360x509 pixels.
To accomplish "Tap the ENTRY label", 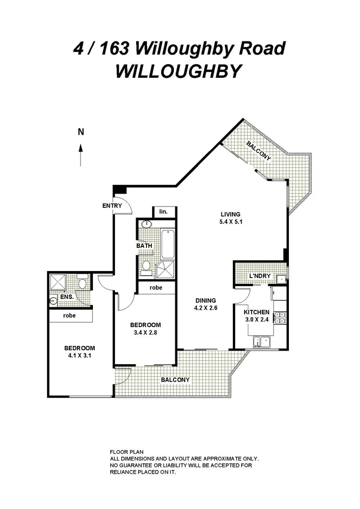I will (x=112, y=206).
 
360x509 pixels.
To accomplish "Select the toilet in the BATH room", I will (x=146, y=267).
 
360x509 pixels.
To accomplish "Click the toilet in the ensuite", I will (x=82, y=284).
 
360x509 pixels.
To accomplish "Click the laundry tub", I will (x=281, y=279).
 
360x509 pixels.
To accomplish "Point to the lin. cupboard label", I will (x=164, y=212).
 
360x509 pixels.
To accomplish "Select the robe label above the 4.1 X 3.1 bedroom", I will (x=70, y=315).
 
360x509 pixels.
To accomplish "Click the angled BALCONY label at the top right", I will (x=259, y=151).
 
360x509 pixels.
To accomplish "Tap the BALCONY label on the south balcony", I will (x=175, y=380).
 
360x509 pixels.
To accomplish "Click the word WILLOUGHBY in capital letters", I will (x=179, y=71).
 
